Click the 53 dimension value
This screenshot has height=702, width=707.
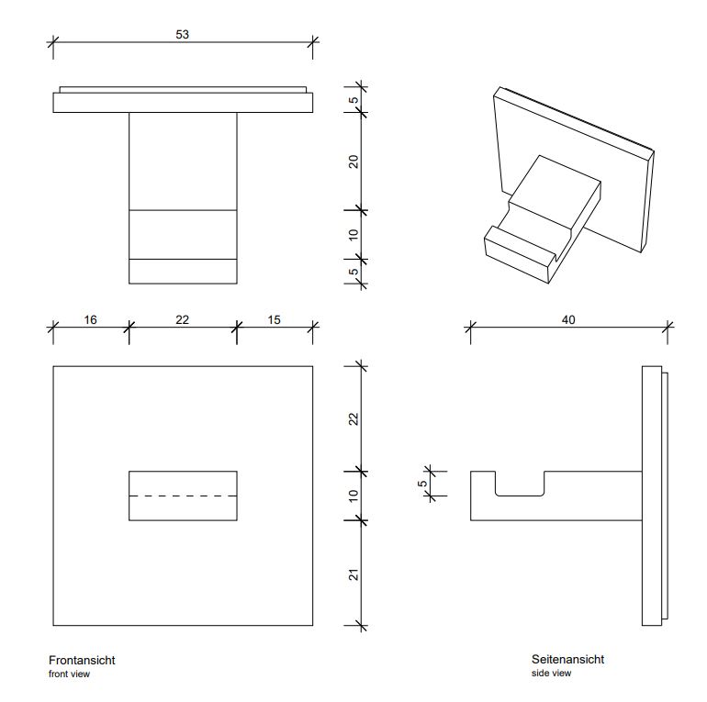click(183, 34)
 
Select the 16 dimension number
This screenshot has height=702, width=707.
click(90, 319)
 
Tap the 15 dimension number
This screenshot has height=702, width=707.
click(275, 319)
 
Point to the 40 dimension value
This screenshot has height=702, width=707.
click(568, 319)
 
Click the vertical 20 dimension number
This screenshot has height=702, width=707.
click(353, 162)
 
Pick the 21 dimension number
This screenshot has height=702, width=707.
click(353, 575)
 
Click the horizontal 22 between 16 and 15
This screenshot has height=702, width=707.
click(182, 319)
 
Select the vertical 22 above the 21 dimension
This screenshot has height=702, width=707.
click(353, 418)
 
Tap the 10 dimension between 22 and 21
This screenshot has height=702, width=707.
click(353, 496)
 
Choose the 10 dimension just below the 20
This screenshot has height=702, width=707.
click(353, 235)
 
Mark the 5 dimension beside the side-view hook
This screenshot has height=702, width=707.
click(422, 483)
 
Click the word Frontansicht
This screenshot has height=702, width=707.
click(82, 660)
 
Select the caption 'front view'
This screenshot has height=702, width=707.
click(69, 674)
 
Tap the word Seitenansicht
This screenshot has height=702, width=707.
click(567, 659)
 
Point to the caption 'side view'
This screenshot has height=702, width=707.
click(551, 674)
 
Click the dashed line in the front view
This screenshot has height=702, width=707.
click(183, 496)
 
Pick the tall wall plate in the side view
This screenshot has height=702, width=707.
click(651, 496)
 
